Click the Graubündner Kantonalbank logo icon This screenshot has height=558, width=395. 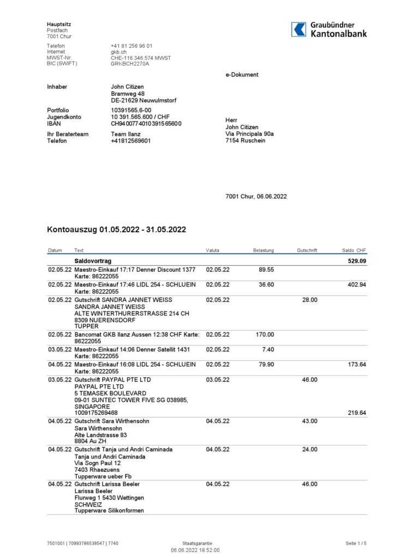pos(298,29)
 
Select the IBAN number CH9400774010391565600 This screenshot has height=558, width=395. pos(146,124)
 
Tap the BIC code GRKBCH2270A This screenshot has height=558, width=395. pos(130,64)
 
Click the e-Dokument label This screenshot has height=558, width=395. pos(242,75)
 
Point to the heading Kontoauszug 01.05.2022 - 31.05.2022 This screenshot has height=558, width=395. pos(116,230)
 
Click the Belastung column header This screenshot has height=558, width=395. pos(264,251)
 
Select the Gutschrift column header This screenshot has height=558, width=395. pos(308,251)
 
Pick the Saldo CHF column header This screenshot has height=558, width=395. pos(354,251)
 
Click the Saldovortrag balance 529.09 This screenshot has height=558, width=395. pos(357,262)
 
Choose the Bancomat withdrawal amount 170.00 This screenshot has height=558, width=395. pos(265,335)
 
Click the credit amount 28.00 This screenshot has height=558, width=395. pos(310,300)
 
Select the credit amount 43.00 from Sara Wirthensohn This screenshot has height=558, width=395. pos(310,421)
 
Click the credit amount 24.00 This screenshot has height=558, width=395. pos(310,450)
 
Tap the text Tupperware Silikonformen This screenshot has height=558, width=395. pos(109,511)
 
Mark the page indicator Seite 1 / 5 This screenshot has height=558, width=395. pos(356,543)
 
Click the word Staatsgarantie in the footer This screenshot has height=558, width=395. pos(197,543)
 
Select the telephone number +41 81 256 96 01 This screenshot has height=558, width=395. pos(131,46)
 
